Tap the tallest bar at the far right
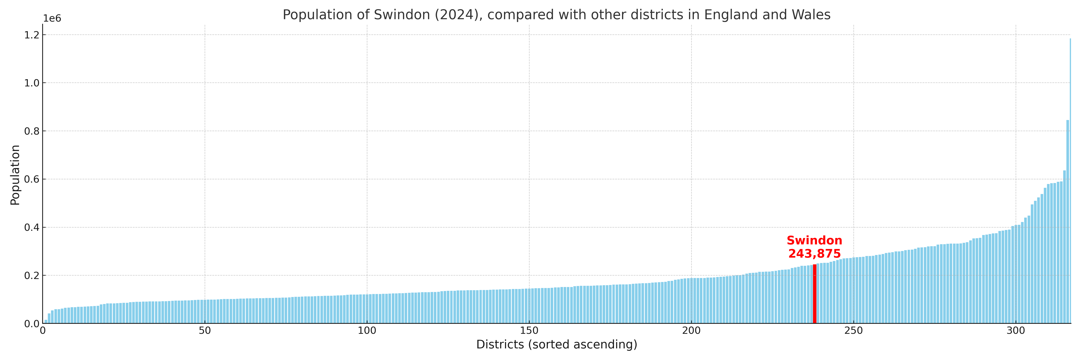click(x=1070, y=180)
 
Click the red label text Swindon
click(x=814, y=241)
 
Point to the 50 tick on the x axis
click(x=205, y=331)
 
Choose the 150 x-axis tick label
click(x=529, y=331)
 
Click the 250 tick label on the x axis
click(x=853, y=331)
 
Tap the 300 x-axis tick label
click(x=1015, y=331)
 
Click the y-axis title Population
click(x=15, y=175)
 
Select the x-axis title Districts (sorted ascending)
click(x=556, y=344)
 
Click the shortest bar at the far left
click(x=46, y=321)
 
